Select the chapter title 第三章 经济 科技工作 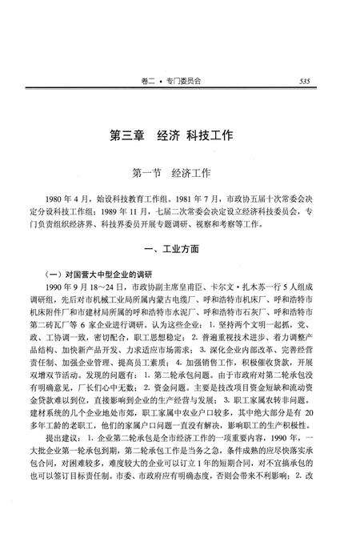(179, 136)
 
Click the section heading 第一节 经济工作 (179, 172)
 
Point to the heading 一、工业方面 (179, 249)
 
